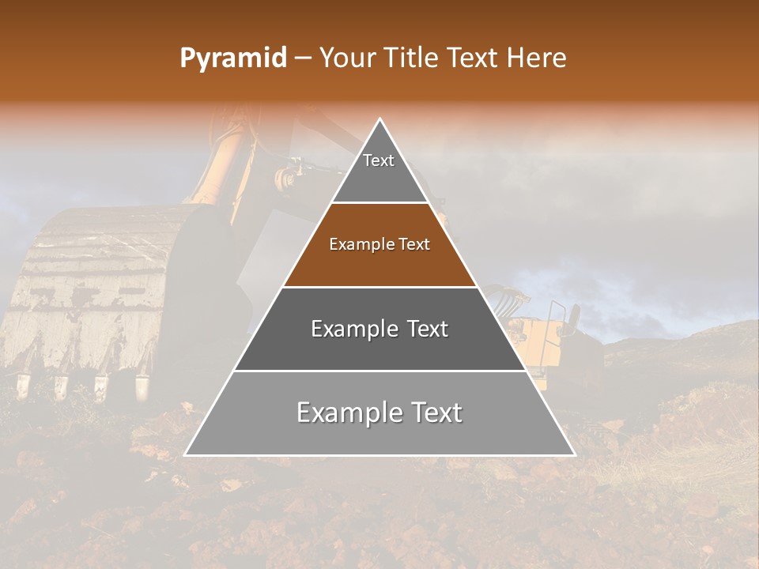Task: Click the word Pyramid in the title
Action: click(232, 58)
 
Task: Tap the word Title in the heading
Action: click(414, 58)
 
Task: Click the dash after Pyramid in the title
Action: click(302, 58)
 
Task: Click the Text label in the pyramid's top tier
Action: click(379, 160)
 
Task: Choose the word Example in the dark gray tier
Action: click(353, 329)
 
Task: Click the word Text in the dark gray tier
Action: click(428, 329)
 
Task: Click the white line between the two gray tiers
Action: click(379, 371)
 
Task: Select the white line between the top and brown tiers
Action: click(379, 203)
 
